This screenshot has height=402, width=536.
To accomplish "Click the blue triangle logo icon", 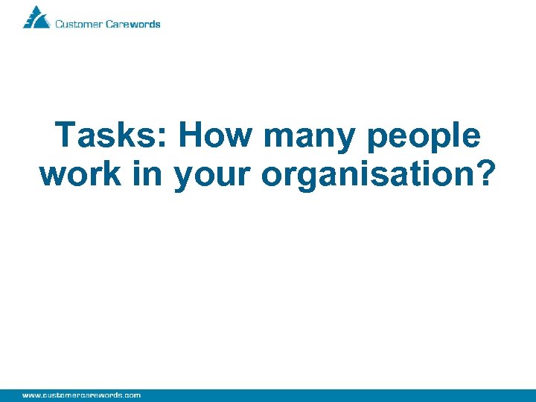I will tap(36, 17).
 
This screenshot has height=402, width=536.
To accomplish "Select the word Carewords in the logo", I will tap(134, 24).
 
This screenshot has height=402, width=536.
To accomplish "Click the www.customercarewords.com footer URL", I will tap(81, 395).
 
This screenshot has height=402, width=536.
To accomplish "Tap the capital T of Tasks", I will tap(66, 136).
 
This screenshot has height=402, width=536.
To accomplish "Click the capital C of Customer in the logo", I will tap(59, 24).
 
